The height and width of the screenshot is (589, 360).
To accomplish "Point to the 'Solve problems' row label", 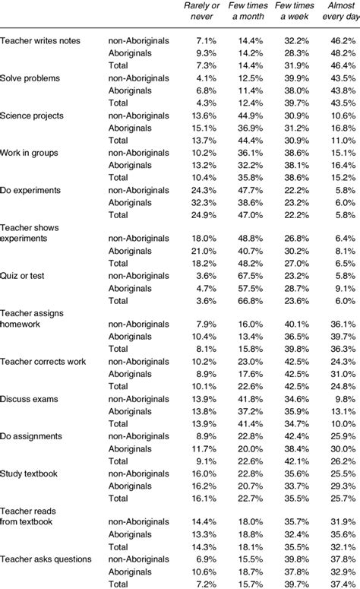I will click(30, 78).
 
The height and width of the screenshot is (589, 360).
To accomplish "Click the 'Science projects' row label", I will click(32, 116).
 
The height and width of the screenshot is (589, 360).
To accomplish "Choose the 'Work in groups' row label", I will click(30, 153).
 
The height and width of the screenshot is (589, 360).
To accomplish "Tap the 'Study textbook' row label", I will click(29, 473).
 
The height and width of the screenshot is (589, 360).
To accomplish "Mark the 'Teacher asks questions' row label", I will click(46, 559).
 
